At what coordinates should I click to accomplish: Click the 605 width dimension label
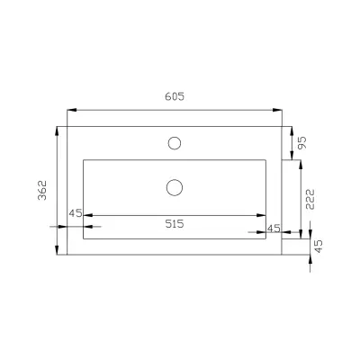pyautogui.click(x=175, y=96)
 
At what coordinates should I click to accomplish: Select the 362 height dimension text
pyautogui.click(x=42, y=190)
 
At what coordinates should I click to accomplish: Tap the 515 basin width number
pyautogui.click(x=175, y=224)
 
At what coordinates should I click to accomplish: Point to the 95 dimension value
pyautogui.click(x=302, y=143)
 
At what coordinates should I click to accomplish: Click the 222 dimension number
pyautogui.click(x=310, y=199)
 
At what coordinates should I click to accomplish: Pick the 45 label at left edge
pyautogui.click(x=76, y=213)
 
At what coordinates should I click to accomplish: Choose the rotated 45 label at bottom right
pyautogui.click(x=319, y=246)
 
